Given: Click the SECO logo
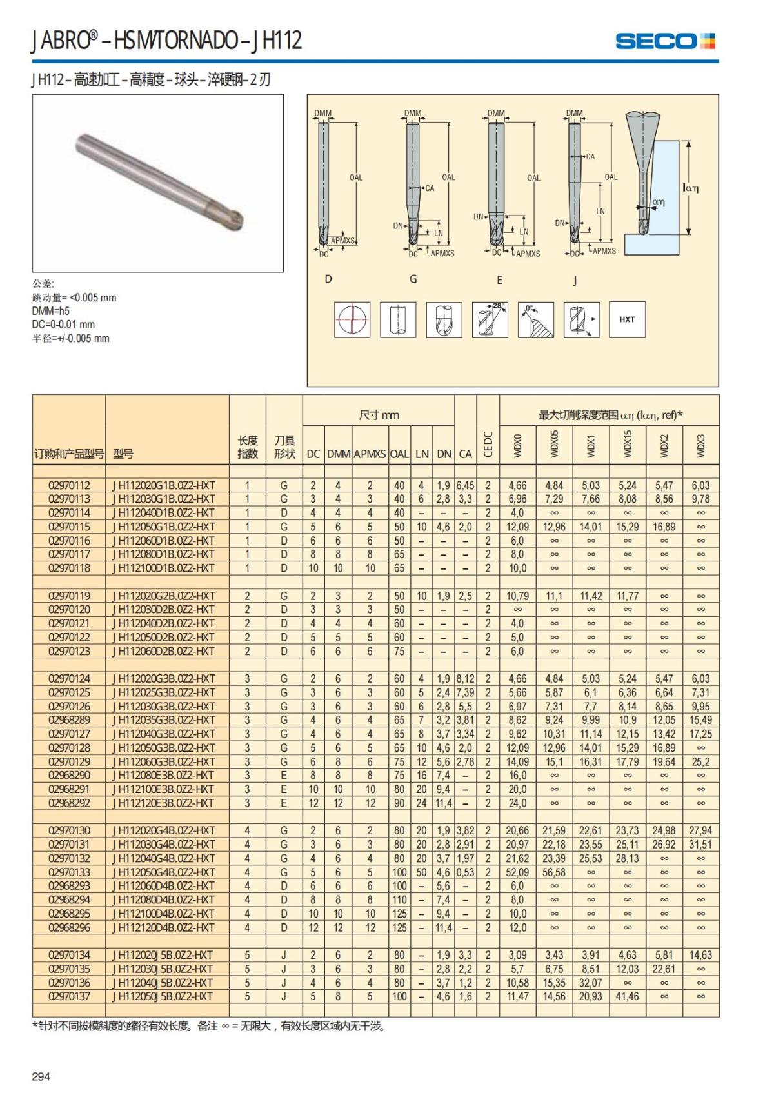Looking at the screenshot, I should point(665,41).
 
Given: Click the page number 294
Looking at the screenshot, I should point(41,1076).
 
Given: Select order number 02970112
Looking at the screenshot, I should point(69,485).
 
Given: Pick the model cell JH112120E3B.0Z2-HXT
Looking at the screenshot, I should point(164,803).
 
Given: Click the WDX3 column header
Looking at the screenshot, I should point(701,445).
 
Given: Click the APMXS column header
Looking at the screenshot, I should point(370,454).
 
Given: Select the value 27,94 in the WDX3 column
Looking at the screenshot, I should point(700,830).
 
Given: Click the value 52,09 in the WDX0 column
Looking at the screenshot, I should point(517,872).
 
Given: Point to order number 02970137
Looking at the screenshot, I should point(69,996).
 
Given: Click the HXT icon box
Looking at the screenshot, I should point(627,319).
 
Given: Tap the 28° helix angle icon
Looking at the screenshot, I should point(490,319).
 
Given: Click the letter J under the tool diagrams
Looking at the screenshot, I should point(575,280).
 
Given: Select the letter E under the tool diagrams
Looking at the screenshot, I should point(499,280).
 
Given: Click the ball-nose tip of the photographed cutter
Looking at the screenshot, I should point(236,221).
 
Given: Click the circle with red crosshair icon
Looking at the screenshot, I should point(352,319).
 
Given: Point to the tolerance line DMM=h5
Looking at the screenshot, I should point(51,311).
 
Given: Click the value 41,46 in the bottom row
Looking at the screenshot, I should point(627,996).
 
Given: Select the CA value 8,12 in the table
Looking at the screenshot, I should point(465,679).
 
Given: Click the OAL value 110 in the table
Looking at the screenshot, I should point(399,899).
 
